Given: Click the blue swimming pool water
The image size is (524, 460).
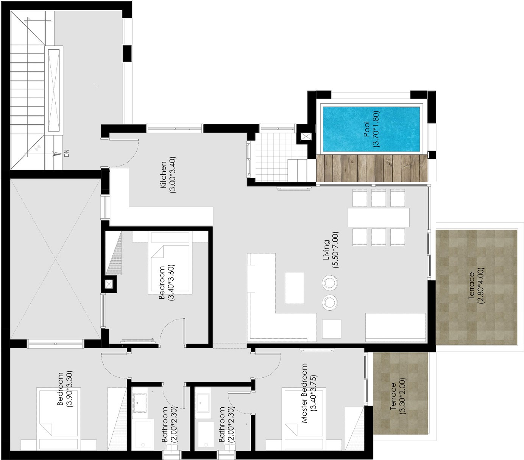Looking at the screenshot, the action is tap(371, 129).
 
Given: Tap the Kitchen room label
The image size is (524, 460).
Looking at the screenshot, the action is tap(168, 175).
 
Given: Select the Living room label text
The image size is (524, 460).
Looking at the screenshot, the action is tap(331, 250).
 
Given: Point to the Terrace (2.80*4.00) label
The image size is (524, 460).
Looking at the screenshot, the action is tap(476, 286).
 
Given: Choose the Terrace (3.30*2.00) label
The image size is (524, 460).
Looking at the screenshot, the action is tap(398, 396).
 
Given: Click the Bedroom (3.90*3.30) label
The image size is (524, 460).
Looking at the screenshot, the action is tap(65, 389).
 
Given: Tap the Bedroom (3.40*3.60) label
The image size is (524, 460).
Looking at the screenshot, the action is tap(166, 282).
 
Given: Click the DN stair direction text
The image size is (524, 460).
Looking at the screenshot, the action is tap(67, 153).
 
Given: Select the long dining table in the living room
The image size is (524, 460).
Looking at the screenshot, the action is tap(378, 218).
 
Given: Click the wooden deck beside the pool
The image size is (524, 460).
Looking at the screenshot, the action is tap(371, 168).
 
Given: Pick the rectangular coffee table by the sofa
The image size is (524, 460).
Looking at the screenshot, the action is tap(294, 288).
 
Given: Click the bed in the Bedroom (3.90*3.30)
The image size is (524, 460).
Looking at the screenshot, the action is tap(58, 419).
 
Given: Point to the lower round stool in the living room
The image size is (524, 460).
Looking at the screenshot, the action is tap(329, 302).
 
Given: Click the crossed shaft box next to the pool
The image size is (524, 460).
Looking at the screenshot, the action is tap(306, 136).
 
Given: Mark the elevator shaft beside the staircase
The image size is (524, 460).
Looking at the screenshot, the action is tap(54, 90).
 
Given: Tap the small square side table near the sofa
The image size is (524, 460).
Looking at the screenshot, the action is tap(332, 329).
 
